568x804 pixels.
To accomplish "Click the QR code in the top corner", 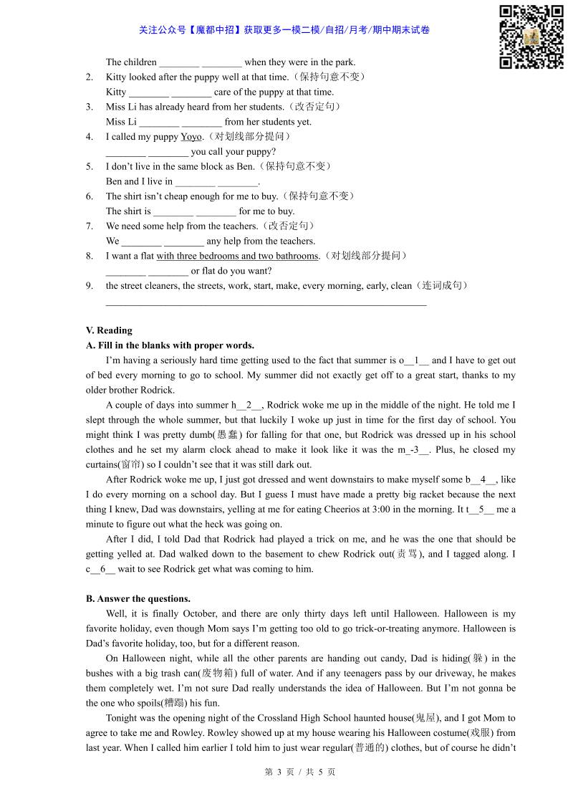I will coord(531,37).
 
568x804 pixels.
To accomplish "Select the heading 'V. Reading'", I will coord(109,330).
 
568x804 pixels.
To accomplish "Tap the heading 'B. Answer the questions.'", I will coord(138,599).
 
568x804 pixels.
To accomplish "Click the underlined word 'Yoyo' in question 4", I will coord(191,136).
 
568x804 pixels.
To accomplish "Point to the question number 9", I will coord(90,286).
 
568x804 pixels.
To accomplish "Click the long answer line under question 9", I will coord(266,305).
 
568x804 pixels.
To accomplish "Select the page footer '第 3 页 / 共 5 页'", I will coord(300,772).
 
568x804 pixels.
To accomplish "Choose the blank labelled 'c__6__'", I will coord(101,569).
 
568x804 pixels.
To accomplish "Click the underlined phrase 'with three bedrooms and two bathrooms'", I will coord(237,256).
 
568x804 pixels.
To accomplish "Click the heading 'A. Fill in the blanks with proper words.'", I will coord(170,345).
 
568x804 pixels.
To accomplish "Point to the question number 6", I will coord(90,196).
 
